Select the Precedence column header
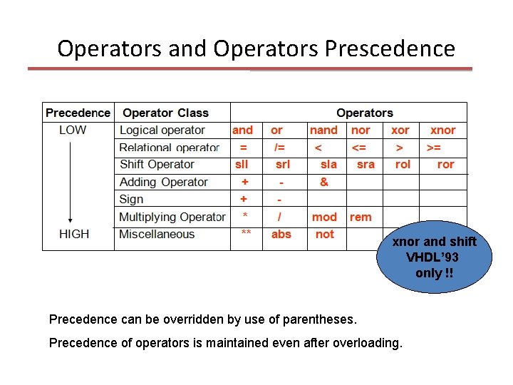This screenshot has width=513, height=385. tap(78, 113)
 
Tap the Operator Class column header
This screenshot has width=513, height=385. tap(165, 113)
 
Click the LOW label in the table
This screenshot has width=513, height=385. tap(73, 130)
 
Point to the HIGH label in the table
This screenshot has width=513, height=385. tap(74, 234)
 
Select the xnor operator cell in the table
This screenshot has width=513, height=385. tap(442, 130)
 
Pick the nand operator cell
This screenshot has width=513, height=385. tap(323, 130)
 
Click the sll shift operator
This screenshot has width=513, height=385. tap(242, 164)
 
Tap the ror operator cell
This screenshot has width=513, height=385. tap(445, 164)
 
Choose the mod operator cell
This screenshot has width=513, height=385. tap(324, 217)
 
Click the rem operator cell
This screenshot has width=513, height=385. tap(361, 217)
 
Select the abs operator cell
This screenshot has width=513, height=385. tap(281, 234)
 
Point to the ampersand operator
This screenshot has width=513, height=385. tap(324, 182)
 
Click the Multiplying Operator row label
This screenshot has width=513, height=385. tap(172, 217)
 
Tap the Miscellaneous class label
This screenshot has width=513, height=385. tap(157, 234)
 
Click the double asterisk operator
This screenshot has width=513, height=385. tap(245, 234)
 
